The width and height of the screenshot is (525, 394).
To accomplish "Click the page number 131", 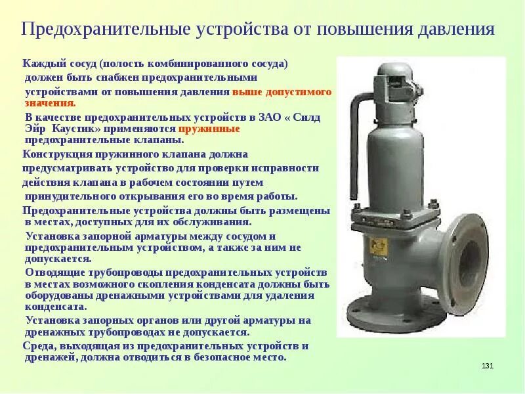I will (487, 366).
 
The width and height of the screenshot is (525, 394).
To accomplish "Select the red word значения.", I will (51, 103).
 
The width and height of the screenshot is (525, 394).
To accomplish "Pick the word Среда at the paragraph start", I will (38, 345).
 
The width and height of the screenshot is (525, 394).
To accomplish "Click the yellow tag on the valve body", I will (380, 246).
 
